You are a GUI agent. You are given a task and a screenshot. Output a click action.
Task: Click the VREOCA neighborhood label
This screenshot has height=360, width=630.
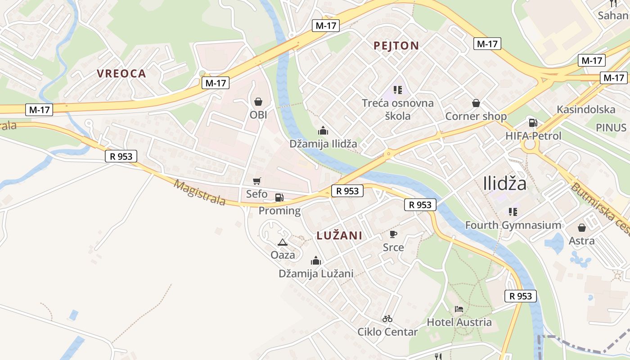[x=121, y=74]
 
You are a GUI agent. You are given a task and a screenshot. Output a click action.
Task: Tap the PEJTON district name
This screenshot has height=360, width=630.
[x=396, y=45]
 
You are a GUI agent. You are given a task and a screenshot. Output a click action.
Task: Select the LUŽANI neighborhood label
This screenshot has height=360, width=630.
[x=339, y=235]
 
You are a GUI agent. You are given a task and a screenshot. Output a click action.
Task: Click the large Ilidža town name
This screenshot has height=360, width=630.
[x=504, y=184]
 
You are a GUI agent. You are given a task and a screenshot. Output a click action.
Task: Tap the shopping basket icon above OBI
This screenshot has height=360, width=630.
[x=258, y=102]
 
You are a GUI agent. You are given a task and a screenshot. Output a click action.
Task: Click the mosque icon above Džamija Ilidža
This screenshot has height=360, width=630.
[x=323, y=130]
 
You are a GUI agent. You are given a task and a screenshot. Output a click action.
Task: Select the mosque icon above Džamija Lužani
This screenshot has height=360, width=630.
[x=315, y=261]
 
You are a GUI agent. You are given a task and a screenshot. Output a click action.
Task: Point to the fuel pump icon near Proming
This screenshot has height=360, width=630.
[x=279, y=197]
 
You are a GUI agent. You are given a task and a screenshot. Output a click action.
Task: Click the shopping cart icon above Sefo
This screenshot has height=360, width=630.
[x=256, y=181]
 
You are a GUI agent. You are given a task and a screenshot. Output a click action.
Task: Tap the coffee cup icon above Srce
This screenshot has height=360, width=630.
[x=393, y=234]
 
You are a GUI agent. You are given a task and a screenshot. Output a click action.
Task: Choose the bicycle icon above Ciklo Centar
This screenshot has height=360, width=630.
[x=387, y=319]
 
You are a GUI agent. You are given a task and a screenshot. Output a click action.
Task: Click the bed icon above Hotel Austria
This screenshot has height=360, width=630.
[x=459, y=309]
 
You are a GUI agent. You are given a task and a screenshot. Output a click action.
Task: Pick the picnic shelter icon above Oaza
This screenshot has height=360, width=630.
[x=283, y=242]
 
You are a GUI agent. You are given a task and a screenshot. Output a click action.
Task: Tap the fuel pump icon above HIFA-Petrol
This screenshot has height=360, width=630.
[x=533, y=122]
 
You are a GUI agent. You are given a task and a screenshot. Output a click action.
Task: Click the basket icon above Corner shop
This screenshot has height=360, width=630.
[x=476, y=103]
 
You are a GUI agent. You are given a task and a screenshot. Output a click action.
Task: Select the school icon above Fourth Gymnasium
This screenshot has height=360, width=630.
[x=513, y=211]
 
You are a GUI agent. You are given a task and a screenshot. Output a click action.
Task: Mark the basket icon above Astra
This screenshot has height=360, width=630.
[x=581, y=227]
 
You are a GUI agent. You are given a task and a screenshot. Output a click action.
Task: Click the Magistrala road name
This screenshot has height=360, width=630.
[x=199, y=193]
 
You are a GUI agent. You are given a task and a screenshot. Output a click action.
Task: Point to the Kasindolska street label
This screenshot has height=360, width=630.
[x=586, y=109]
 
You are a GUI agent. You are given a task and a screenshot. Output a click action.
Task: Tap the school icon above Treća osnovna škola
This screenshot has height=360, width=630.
[x=397, y=90]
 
